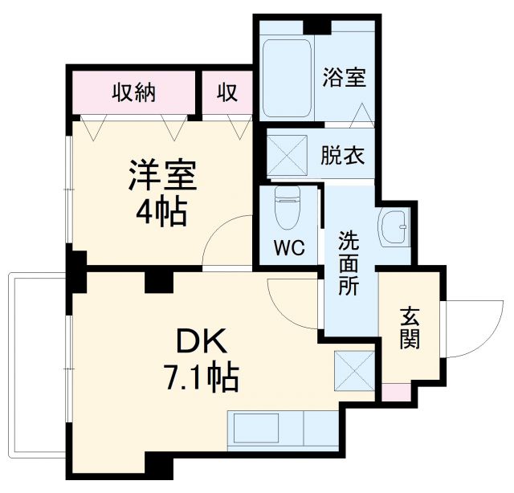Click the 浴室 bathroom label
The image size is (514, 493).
click(344, 78)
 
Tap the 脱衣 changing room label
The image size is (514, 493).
click(343, 154)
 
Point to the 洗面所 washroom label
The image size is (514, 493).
click(348, 263)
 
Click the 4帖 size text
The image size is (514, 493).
click(161, 213)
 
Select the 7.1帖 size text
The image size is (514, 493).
click(202, 377)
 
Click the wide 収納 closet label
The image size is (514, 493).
click(133, 93)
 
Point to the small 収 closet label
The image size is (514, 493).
click(227, 93)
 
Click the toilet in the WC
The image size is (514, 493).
click(286, 209)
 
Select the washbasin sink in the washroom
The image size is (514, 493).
click(395, 228)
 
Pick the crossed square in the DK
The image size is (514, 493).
click(354, 372)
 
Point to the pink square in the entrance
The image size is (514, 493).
click(392, 393)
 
